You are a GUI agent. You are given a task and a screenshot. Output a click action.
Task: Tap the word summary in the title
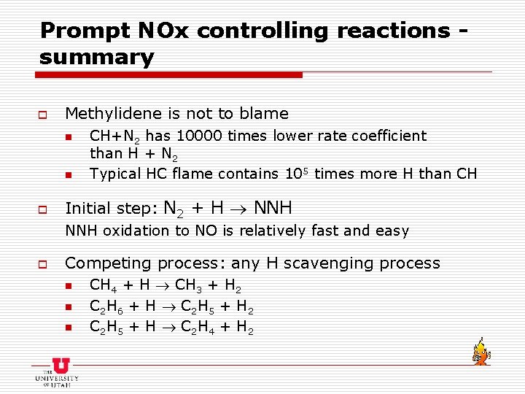(97, 58)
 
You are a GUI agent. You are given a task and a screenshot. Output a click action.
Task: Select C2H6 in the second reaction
(107, 306)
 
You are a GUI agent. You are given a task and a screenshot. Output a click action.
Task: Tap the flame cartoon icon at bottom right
(480, 351)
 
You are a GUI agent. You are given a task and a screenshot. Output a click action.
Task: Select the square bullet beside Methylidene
(43, 115)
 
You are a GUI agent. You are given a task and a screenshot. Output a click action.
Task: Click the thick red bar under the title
(171, 74)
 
